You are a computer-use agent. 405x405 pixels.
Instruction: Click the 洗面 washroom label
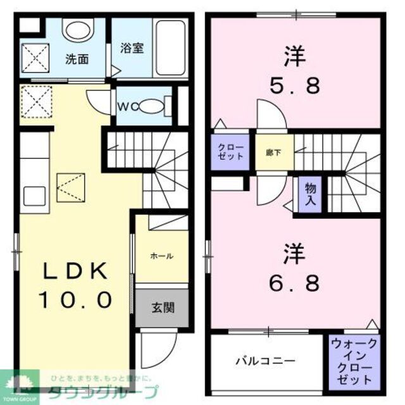[77, 61]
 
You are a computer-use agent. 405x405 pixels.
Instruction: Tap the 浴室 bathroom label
[132, 47]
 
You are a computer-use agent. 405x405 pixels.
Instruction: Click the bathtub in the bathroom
[171, 47]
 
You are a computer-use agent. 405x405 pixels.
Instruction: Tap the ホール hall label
[162, 256]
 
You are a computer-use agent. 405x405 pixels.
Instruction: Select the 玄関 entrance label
[162, 308]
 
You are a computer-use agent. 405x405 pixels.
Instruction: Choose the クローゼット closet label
[232, 152]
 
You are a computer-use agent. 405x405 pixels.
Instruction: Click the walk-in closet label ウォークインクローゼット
[354, 361]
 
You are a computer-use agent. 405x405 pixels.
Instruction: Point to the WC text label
[124, 106]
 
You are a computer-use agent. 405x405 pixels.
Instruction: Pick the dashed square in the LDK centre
[70, 187]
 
